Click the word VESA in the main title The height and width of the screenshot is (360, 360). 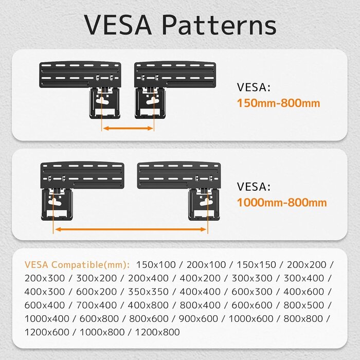pyautogui.click(x=118, y=25)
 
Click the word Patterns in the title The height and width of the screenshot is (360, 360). pyautogui.click(x=219, y=25)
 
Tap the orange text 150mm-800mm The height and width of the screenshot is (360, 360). pyautogui.click(x=279, y=103)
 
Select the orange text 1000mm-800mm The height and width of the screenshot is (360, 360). pyautogui.click(x=282, y=203)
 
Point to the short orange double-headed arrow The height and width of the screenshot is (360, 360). pyautogui.click(x=128, y=129)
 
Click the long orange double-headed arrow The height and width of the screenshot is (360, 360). pyautogui.click(x=131, y=229)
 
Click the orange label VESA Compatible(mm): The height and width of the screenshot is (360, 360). pyautogui.click(x=77, y=265)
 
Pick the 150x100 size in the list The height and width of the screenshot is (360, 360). pyautogui.click(x=156, y=265)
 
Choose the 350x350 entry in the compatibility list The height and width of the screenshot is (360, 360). pyautogui.click(x=148, y=292)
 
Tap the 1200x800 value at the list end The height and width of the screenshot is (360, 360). pyautogui.click(x=157, y=332)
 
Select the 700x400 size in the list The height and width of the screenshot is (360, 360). pyautogui.click(x=97, y=305)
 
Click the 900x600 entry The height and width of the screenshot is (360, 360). pyautogui.click(x=199, y=319)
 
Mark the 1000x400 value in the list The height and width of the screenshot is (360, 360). pyautogui.click(x=47, y=319)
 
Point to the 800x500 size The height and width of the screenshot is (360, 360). pyautogui.click(x=304, y=305)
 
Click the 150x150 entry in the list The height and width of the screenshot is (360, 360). pyautogui.click(x=256, y=265)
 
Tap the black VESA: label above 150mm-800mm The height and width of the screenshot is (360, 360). pyautogui.click(x=254, y=87)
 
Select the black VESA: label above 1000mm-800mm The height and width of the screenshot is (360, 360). pyautogui.click(x=254, y=187)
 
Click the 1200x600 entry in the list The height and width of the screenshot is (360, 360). pyautogui.click(x=47, y=332)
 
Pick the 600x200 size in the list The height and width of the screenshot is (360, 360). pyautogui.click(x=97, y=292)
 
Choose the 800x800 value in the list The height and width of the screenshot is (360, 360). pyautogui.click(x=303, y=319)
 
